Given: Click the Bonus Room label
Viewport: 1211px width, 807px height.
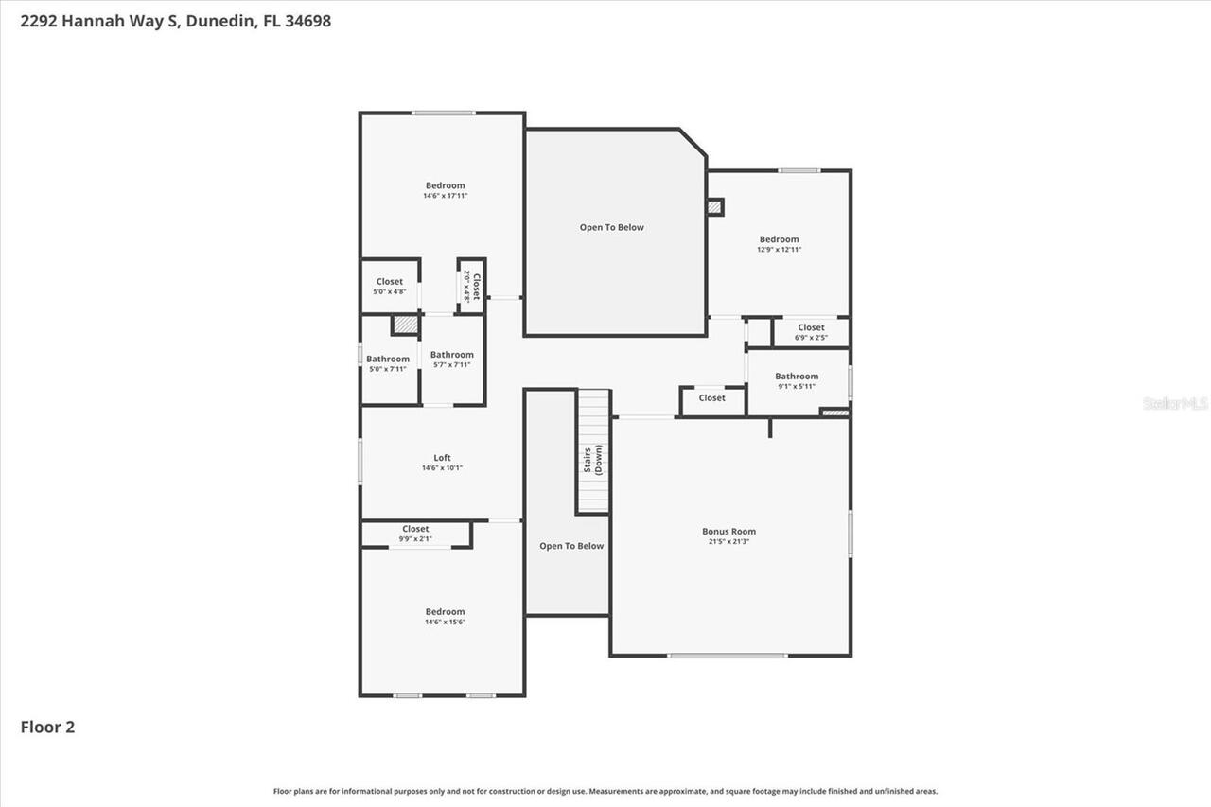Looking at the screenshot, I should (x=728, y=532).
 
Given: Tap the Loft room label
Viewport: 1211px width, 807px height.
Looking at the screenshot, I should (x=442, y=458).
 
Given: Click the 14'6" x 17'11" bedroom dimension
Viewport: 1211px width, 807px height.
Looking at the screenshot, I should (x=445, y=196).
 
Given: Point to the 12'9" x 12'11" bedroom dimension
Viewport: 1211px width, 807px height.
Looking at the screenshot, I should (x=779, y=250).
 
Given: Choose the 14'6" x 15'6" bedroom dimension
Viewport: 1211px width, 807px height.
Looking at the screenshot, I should (x=445, y=623).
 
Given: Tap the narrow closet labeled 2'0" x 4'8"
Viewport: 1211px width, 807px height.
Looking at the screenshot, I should (x=472, y=286).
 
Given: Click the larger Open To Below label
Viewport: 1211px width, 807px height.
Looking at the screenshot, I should (x=611, y=227).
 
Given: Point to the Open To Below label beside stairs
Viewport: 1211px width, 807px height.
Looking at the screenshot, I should (x=571, y=546).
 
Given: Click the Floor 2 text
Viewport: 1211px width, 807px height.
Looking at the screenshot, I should (x=47, y=728).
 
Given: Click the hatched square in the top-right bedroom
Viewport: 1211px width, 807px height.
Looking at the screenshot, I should (x=715, y=206).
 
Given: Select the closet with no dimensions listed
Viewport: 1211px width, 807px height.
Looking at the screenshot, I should (x=712, y=398).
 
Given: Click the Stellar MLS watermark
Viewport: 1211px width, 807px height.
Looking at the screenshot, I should (x=1175, y=403).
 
